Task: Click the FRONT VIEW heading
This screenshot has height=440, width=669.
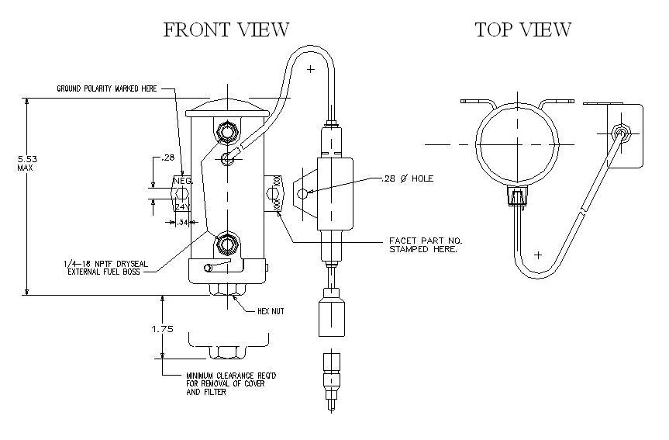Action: pyautogui.click(x=226, y=30)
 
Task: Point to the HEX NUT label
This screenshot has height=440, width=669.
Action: pyautogui.click(x=271, y=310)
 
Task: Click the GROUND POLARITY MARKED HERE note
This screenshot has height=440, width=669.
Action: pyautogui.click(x=107, y=88)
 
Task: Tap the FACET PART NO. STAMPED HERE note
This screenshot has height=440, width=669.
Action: pyautogui.click(x=422, y=244)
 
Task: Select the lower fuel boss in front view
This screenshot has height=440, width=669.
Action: pyautogui.click(x=226, y=244)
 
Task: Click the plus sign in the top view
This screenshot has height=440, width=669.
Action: pyautogui.click(x=539, y=255)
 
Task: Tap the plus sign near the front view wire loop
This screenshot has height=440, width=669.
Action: pyautogui.click(x=311, y=70)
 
